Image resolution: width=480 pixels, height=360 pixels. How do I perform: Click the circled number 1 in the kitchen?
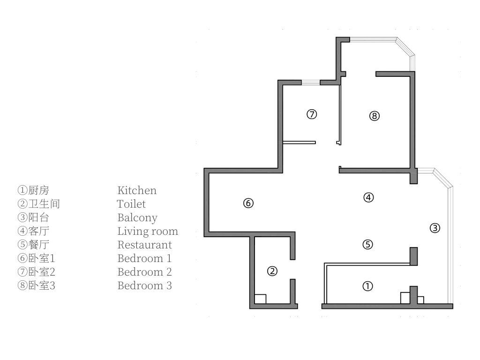coord(368,286)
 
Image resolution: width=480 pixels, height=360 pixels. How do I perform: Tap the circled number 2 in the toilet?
coord(272,271)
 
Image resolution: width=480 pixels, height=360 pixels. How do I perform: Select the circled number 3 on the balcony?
coord(435,228)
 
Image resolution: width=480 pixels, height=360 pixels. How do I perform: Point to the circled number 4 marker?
coord(368,197)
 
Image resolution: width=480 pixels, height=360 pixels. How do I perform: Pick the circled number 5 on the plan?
coord(368,244)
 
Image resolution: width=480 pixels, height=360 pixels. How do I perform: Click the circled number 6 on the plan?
coord(248,203)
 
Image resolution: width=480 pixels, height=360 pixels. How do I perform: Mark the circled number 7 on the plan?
coord(312,114)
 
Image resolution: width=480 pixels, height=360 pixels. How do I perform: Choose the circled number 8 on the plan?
coord(374,116)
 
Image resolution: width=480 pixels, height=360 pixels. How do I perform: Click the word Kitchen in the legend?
coord(136,190)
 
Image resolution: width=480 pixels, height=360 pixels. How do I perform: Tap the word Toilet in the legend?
coord(131,204)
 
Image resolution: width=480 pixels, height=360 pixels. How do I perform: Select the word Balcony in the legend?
coord(137,217)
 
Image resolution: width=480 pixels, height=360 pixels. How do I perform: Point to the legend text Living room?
coord(148,231)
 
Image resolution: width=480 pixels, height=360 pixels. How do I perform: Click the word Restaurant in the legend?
coord(144,245)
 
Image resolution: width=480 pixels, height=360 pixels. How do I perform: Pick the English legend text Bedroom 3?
coord(144,285)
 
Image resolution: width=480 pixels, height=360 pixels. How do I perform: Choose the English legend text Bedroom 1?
coord(144,258)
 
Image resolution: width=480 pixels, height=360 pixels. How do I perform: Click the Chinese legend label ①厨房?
coord(33,190)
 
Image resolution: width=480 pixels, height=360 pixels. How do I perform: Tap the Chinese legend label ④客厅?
coord(33,231)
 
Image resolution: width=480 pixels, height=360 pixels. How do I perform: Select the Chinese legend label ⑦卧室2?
coord(37,272)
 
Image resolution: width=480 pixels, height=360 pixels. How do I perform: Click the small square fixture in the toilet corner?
coord(260,299)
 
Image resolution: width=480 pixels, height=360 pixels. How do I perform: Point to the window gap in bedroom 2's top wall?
coord(310,82)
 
